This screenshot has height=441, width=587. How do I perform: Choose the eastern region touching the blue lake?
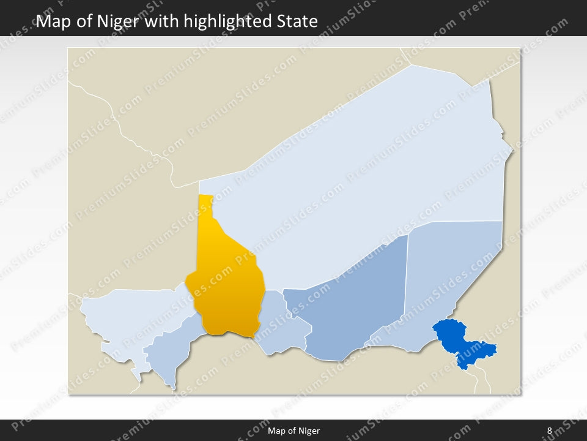click(452, 269)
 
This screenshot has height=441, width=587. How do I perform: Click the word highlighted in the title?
click(232, 21)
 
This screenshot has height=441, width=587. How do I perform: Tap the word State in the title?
click(299, 21)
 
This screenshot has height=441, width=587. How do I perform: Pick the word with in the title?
click(162, 21)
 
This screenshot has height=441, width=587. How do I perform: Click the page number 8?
click(549, 431)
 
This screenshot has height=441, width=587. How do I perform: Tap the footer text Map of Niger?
click(293, 431)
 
